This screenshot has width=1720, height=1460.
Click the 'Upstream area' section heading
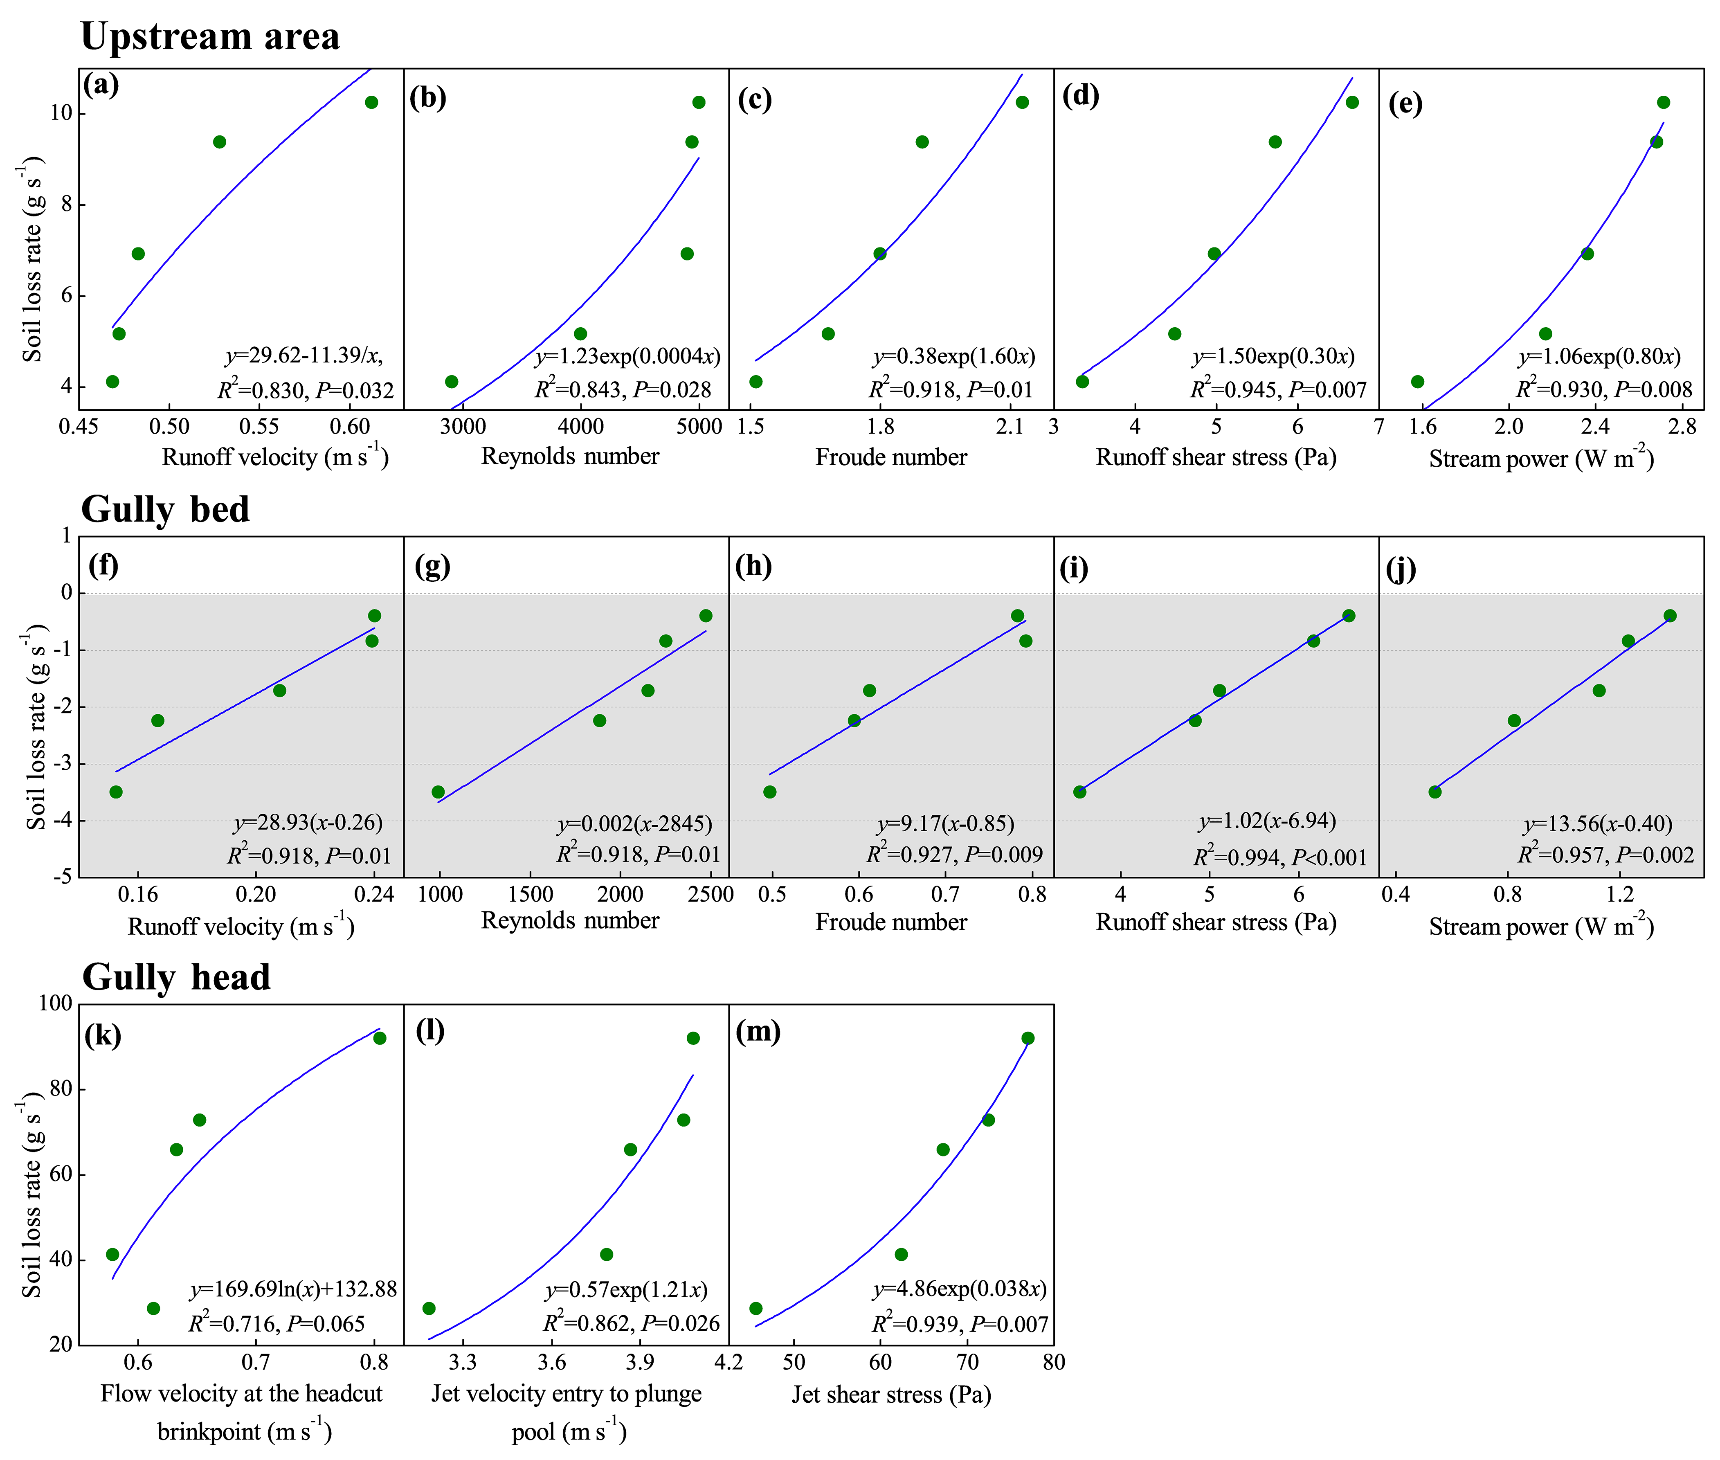coord(210,36)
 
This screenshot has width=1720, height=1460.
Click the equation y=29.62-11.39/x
coord(304,356)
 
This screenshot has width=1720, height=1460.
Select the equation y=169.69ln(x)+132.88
coord(293,1289)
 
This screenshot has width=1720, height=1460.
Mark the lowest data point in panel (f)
coord(116,792)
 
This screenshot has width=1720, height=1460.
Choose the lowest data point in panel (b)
coord(451,382)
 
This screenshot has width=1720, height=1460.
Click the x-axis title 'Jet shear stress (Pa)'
coord(890,1395)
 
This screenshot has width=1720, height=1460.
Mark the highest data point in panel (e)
coord(1663,103)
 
